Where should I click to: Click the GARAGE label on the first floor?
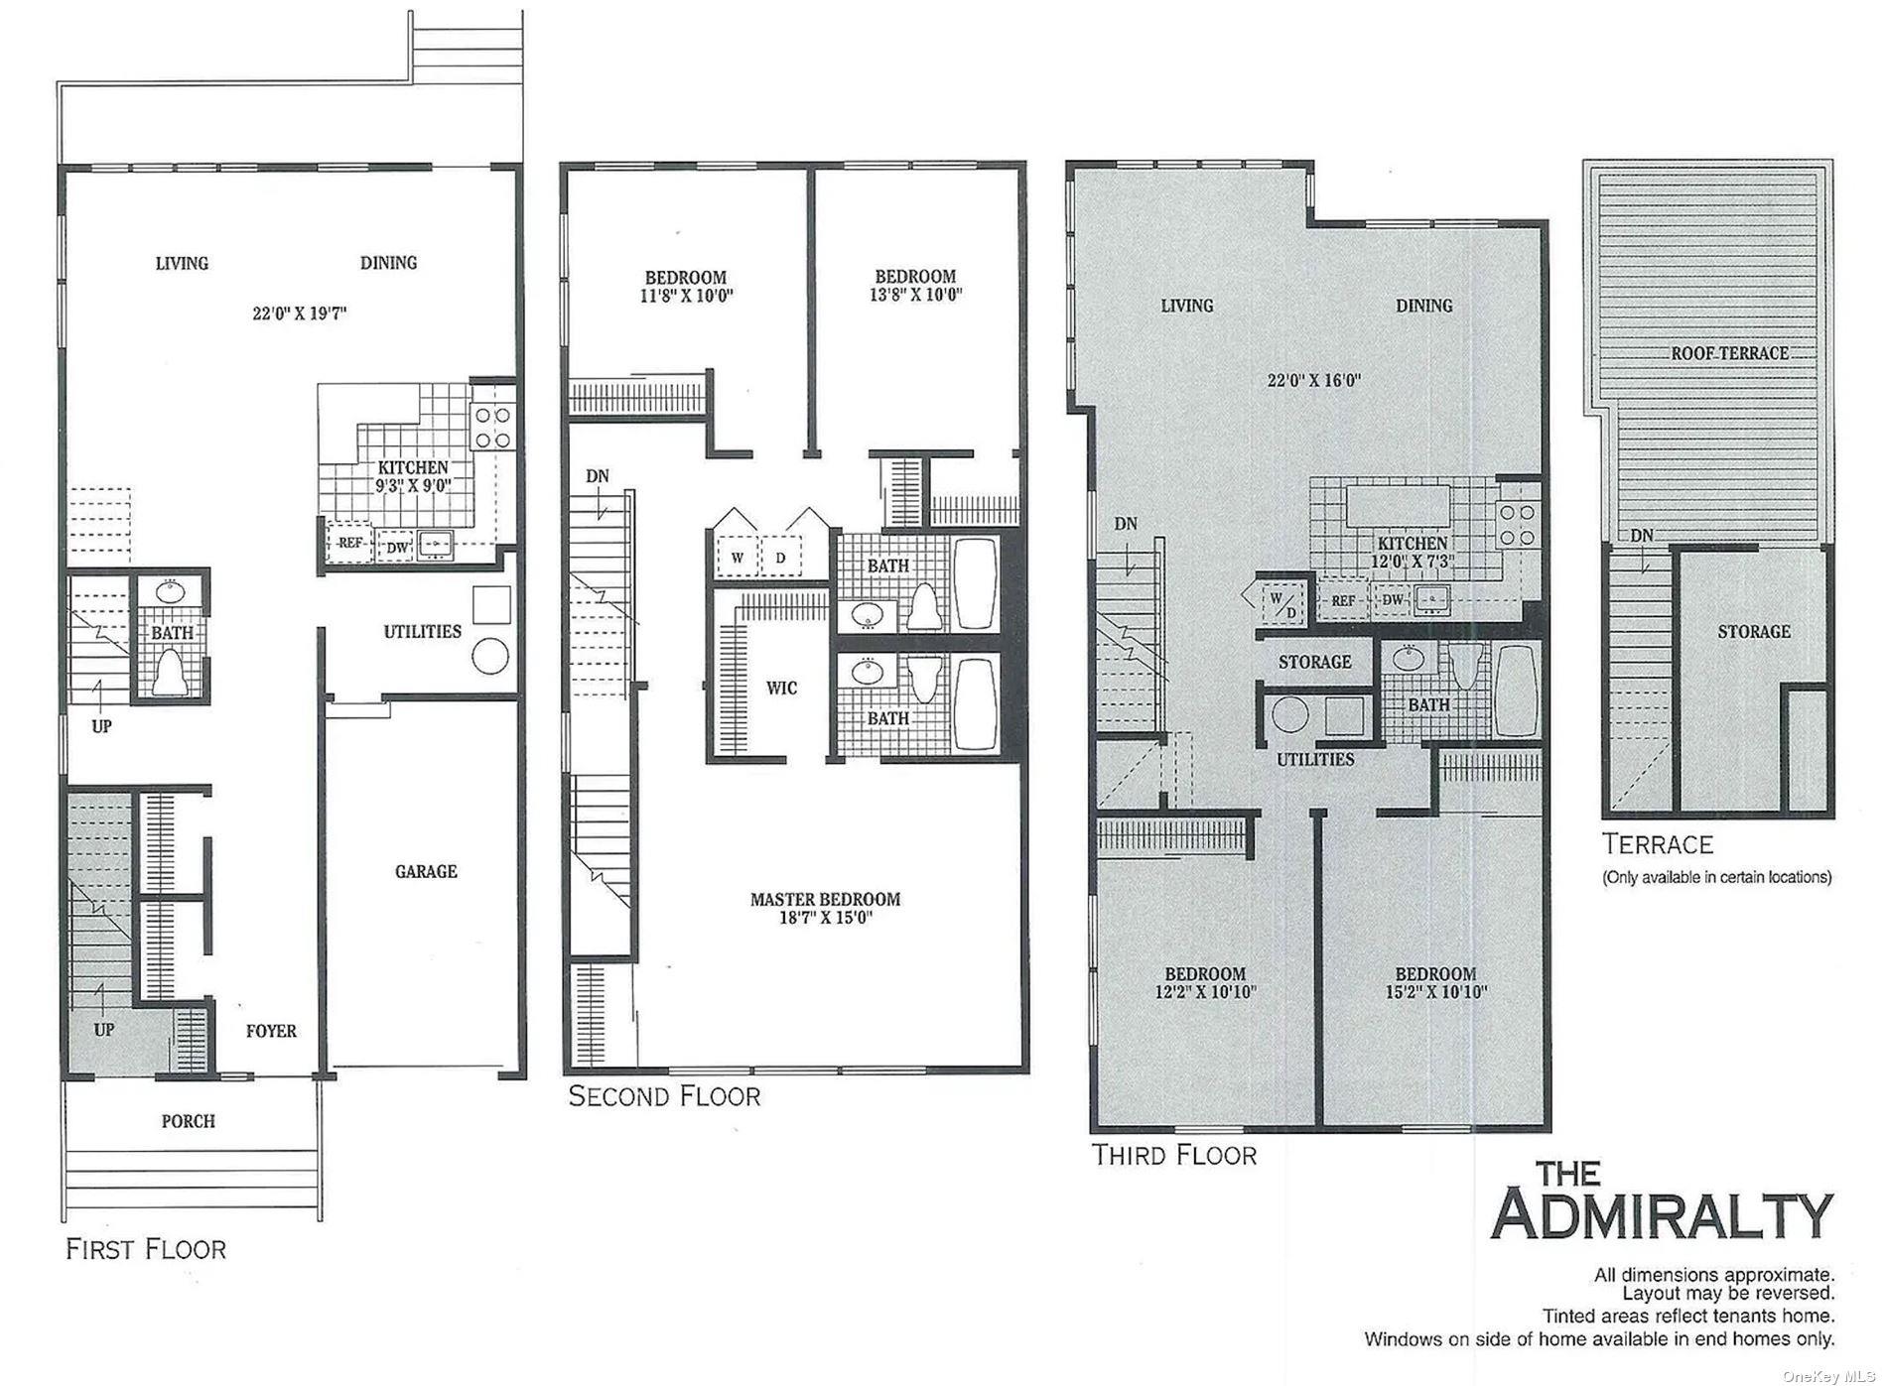(426, 871)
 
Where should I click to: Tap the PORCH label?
(189, 1121)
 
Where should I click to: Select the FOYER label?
(271, 1032)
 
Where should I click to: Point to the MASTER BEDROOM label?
(825, 899)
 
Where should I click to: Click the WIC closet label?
(781, 688)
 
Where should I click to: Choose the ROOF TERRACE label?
(1729, 353)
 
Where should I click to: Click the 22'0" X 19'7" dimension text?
(299, 314)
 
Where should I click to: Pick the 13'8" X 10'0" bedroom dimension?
(915, 295)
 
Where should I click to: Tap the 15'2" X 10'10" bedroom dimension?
(1435, 991)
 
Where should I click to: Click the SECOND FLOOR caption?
(664, 1096)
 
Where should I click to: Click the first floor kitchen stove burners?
(492, 428)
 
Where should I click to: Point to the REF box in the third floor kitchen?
(1343, 601)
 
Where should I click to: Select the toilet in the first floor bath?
(170, 671)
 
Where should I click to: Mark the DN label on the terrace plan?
(1642, 536)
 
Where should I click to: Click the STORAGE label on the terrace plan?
(1754, 632)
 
